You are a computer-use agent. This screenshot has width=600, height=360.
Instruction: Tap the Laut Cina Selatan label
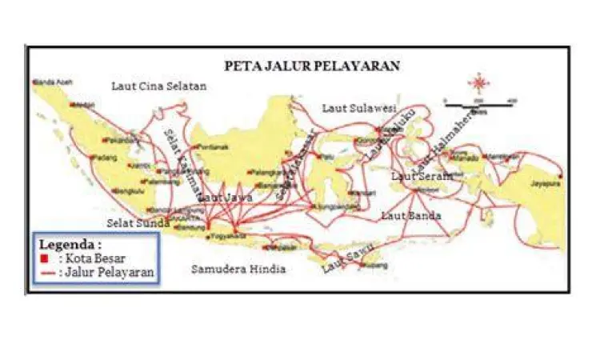click(159, 86)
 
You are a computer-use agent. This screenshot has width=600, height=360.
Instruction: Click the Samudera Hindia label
click(238, 269)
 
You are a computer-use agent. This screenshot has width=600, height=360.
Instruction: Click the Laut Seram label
click(422, 175)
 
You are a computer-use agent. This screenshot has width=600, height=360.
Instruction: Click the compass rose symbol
click(479, 82)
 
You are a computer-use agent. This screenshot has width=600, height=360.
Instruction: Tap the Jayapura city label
click(546, 183)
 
